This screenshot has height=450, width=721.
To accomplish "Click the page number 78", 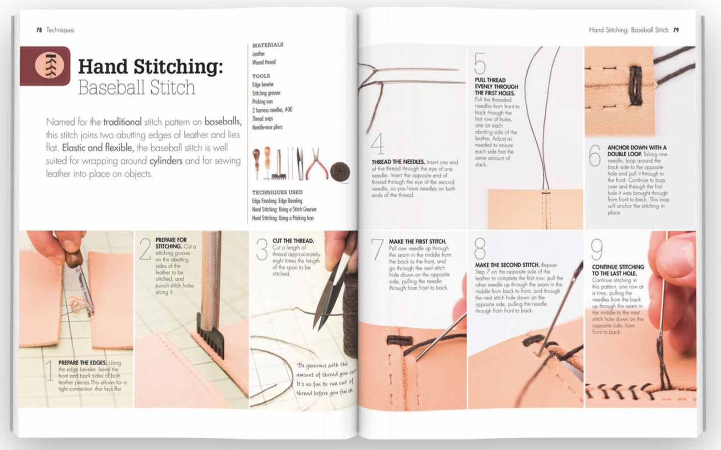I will click(x=39, y=30).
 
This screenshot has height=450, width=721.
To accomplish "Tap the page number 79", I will click(x=676, y=30).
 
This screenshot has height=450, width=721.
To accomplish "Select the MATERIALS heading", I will click(x=267, y=45).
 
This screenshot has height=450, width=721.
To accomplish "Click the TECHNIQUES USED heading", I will click(x=277, y=192).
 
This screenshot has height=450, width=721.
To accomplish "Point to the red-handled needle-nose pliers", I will click(x=316, y=164).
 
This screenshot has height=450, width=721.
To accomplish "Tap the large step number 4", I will click(x=377, y=144).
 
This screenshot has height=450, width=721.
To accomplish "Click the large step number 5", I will click(x=480, y=64).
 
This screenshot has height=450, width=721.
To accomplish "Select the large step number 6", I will click(x=595, y=156).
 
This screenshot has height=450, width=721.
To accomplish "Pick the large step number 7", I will click(x=377, y=250).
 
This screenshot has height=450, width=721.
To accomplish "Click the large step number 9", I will click(x=597, y=250).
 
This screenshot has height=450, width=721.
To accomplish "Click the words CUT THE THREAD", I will click(x=293, y=241).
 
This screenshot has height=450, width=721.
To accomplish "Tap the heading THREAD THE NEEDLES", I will click(x=398, y=162).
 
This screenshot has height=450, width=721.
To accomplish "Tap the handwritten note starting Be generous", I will click(x=325, y=378).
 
